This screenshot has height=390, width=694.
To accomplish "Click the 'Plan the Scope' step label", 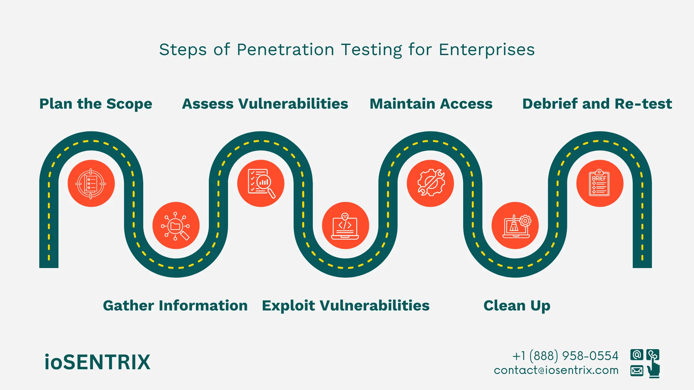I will pos(96,104).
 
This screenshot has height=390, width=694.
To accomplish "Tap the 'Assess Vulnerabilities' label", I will pos(265,104).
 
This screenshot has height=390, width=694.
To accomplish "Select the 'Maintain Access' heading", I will pos(431,104).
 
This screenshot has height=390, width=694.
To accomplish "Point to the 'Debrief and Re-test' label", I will pos(597,104).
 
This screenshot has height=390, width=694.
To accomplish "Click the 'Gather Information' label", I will pos(175,306).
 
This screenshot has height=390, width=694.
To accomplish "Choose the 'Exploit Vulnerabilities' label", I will pos(345,306).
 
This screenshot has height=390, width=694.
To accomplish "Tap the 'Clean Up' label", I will pos(517,306).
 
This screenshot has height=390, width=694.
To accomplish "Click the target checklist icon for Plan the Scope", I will pos(91,184).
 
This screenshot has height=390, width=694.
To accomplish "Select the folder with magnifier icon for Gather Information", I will pos(176,226).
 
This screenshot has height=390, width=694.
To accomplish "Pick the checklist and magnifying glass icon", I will pos(261,184).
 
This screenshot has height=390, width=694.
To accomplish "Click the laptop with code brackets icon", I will pos(345,226).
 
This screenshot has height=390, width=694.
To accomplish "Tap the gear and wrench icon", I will pos(430,184).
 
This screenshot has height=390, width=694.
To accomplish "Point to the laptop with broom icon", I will pos(515,226).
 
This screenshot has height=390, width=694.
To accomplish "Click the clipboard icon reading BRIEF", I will pos(600,184).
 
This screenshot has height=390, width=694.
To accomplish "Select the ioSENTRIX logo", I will pos(97,362).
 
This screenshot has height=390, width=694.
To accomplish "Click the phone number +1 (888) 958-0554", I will pos(565,356).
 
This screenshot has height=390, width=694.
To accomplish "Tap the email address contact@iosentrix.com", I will pos(556,370).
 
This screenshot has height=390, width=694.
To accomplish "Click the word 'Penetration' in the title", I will pos(285,50).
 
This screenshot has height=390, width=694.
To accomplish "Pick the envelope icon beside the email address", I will pos(637,370).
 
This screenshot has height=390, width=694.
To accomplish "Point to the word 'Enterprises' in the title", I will pos(487,50).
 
